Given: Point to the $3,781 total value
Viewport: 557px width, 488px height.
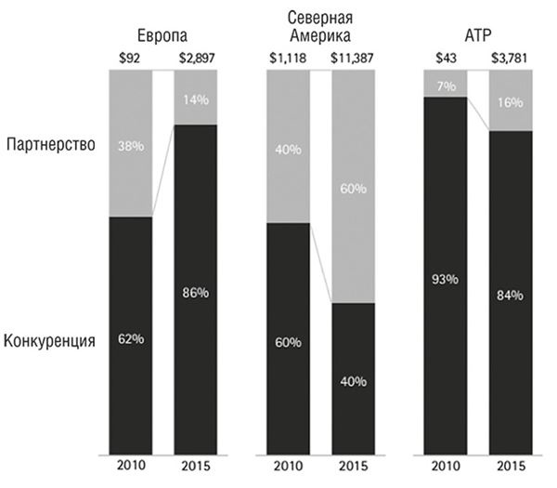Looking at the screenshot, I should point(512,59).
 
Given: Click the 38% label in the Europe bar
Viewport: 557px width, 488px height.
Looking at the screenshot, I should point(131,145).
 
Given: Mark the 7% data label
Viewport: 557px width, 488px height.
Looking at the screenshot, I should point(447,86).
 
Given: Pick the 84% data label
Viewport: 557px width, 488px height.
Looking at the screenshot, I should point(512,296).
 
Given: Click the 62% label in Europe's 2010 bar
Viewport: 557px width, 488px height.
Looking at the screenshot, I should point(131,337).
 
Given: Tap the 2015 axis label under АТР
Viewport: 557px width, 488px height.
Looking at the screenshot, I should point(512,467).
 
